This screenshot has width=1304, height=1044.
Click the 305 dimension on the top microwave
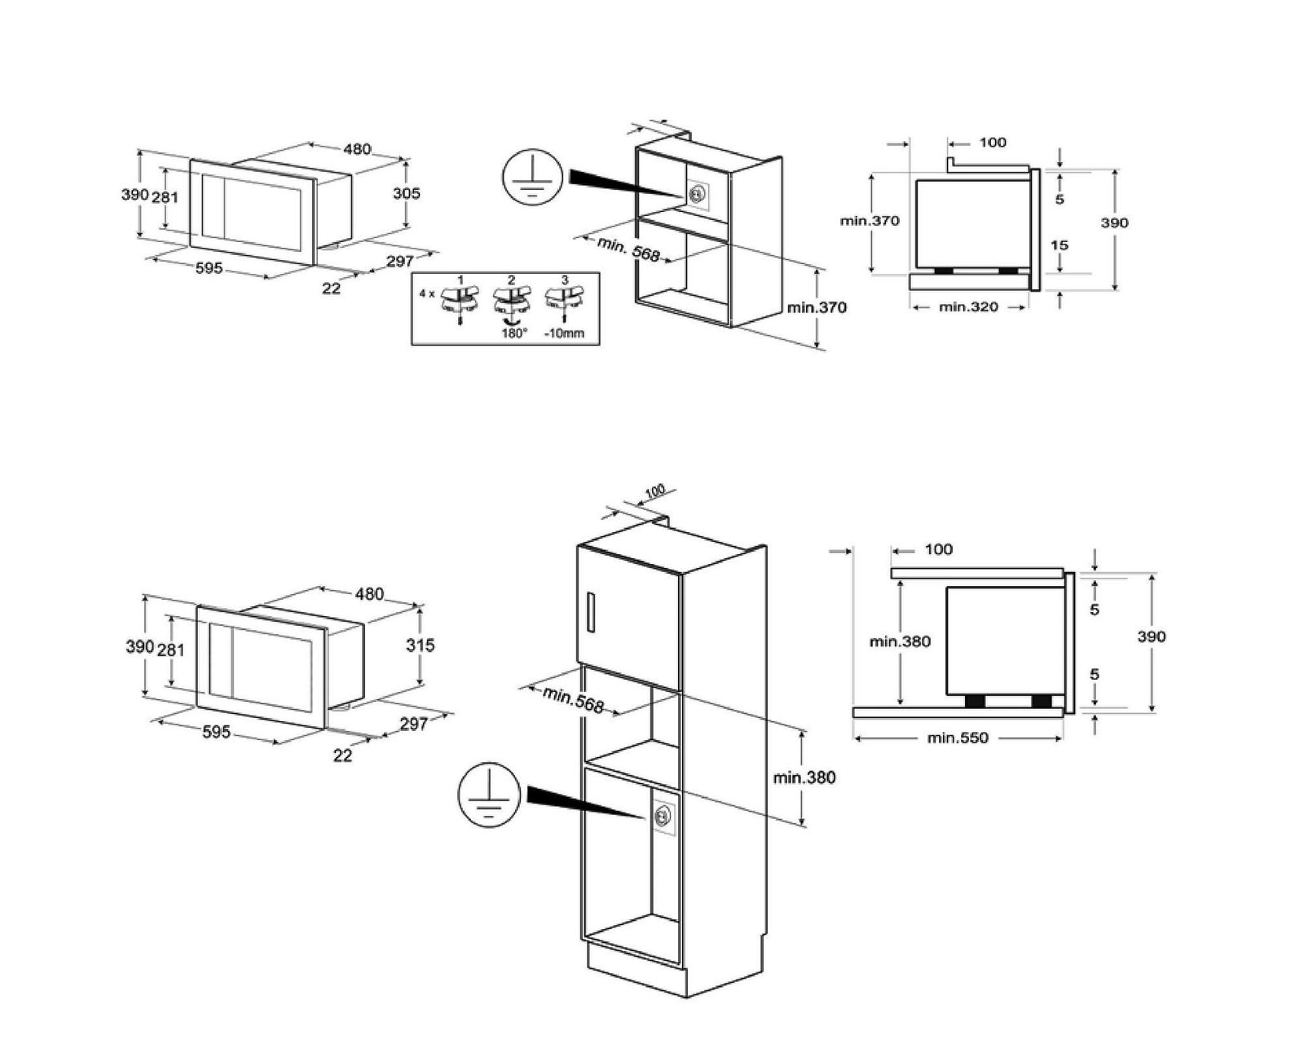406,193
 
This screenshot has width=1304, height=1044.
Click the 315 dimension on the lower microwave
420,645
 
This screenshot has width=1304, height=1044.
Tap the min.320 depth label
968,307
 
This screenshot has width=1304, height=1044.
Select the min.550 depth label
958,738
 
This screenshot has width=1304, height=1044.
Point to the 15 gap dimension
1059,245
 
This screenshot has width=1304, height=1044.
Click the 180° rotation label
513,333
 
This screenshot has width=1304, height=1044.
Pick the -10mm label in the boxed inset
563,333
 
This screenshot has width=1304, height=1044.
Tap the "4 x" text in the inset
427,294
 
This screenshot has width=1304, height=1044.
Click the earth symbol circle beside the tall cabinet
489,795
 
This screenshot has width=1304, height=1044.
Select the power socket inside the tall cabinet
663,818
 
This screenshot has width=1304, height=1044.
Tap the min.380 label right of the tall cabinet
804,777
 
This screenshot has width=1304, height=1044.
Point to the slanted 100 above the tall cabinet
654,490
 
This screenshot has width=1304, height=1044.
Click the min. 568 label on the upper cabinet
628,249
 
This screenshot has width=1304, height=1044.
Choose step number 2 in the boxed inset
512,280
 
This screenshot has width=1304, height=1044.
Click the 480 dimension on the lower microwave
369,594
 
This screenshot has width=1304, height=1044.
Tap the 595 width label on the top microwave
209,268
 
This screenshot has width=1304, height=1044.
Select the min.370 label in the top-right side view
870,221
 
